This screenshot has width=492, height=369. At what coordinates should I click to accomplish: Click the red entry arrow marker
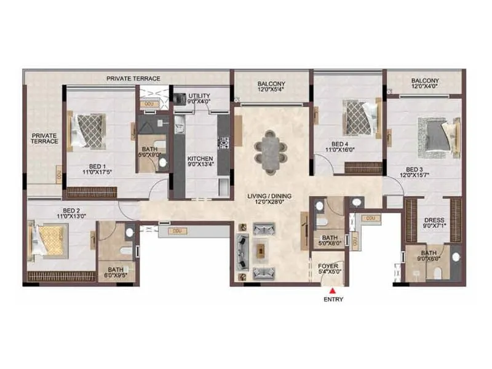coord(332,290)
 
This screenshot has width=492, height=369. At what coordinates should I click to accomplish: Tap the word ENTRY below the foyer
coord(332,300)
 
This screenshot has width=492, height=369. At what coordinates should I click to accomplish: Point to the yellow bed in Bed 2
coord(49,239)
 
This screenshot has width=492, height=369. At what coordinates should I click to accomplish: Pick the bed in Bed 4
coord(356,116)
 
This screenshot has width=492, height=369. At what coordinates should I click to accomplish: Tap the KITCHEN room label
coord(200,159)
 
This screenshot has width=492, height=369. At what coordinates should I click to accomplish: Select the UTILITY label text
coord(199,96)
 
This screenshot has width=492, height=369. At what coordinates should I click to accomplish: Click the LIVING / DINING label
coord(269,196)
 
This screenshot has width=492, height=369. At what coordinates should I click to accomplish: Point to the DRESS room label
coord(434,220)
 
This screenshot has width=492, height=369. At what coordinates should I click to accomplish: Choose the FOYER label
coord(328,266)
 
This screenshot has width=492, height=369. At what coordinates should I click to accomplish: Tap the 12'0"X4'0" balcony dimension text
coord(425,87)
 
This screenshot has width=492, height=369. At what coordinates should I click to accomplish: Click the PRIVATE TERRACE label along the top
coord(133,79)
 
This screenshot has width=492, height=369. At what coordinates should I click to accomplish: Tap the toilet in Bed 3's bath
coord(456,256)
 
